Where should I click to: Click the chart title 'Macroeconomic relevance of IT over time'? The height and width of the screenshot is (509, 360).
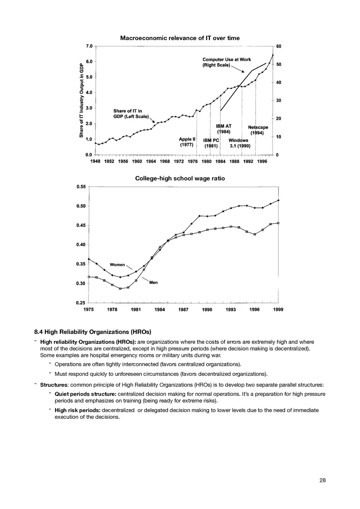[x=180, y=38]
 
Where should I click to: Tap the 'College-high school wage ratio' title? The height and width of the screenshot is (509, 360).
[x=180, y=179]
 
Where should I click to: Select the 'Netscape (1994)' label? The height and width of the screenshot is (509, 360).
[x=258, y=130]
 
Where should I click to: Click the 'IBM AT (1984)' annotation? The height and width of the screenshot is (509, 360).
[x=223, y=129]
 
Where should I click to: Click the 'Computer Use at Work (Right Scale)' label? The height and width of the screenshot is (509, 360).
[x=227, y=62]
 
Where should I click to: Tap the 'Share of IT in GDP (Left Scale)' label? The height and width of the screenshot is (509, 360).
[x=128, y=113]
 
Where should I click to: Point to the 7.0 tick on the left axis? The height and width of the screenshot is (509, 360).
[x=89, y=46]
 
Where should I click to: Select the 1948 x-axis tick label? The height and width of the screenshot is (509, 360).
[x=95, y=161]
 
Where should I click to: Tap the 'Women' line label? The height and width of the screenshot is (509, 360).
[x=117, y=265]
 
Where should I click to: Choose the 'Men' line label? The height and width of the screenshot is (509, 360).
[x=153, y=283]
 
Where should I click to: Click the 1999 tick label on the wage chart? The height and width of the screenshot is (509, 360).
[x=278, y=310]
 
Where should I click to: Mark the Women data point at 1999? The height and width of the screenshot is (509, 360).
[x=278, y=200]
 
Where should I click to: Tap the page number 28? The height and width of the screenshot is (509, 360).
[x=323, y=480]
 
